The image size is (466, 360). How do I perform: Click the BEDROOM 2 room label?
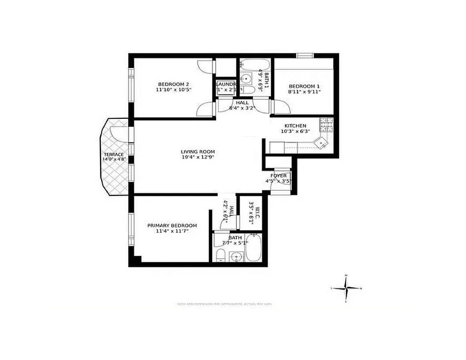tap(173, 84)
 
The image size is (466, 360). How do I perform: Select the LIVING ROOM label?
tap(198, 152)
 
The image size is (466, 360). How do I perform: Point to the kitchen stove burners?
tap(326, 125)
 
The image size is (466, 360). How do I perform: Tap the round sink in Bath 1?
tap(246, 79)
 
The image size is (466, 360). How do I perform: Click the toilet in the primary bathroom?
tap(220, 256)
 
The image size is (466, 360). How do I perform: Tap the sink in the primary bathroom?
tap(236, 257)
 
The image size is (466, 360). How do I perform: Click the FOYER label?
tap(279, 175)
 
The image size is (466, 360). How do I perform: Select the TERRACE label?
tap(113, 154)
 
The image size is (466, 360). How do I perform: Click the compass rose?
tap(346, 288)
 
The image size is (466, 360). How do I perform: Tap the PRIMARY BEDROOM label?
tap(172, 225)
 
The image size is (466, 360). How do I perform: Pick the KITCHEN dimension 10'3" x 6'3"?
tap(295, 132)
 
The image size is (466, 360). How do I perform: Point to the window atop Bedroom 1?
tap(305, 55)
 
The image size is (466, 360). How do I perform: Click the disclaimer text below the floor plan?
tap(225, 304)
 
